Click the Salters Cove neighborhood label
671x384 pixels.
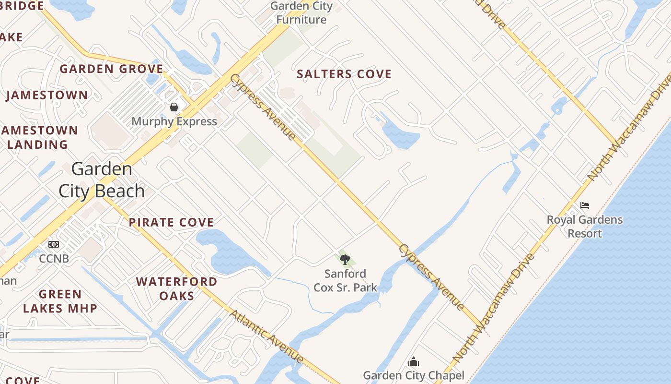pyautogui.click(x=344, y=74)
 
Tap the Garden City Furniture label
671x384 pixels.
pyautogui.click(x=301, y=13)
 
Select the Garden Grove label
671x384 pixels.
pyautogui.click(x=111, y=69)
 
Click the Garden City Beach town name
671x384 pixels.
pyautogui.click(x=102, y=180)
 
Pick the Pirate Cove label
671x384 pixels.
pyautogui.click(x=171, y=222)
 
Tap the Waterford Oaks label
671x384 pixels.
pyautogui.click(x=177, y=288)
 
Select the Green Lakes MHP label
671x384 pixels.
pyautogui.click(x=60, y=301)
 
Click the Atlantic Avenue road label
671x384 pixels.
pyautogui.click(x=266, y=336)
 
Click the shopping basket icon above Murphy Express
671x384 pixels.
pyautogui.click(x=174, y=107)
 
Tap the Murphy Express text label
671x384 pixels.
pyautogui.click(x=174, y=121)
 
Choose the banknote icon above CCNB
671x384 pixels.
pyautogui.click(x=54, y=244)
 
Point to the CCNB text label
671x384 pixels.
pyautogui.click(x=54, y=259)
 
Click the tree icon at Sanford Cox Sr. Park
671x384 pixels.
pyautogui.click(x=345, y=260)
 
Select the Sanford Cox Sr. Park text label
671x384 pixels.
pyautogui.click(x=345, y=281)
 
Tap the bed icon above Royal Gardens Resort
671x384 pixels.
pyautogui.click(x=584, y=205)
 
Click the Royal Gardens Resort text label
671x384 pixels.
pyautogui.click(x=585, y=227)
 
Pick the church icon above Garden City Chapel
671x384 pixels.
pyautogui.click(x=413, y=361)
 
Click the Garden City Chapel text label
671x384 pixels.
pyautogui.click(x=413, y=375)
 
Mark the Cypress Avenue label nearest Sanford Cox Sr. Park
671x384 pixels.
pyautogui.click(x=431, y=277)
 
